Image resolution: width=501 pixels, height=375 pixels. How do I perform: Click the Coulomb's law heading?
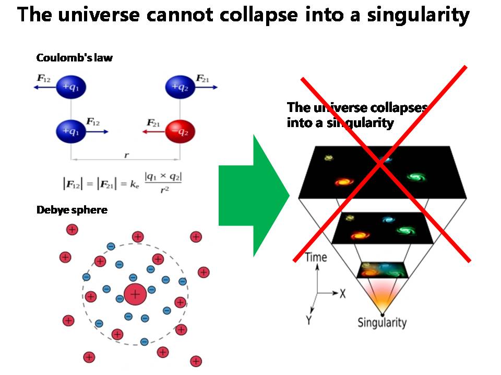click(74, 58)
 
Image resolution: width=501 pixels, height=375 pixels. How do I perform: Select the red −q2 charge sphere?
click(180, 131)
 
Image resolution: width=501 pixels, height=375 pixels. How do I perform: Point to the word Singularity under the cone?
click(381, 322)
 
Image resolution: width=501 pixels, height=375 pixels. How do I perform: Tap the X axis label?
click(343, 294)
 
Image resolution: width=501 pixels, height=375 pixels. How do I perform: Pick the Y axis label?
click(309, 320)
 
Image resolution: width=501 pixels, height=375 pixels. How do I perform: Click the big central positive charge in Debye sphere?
click(135, 294)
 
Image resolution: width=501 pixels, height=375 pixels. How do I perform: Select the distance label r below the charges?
click(126, 155)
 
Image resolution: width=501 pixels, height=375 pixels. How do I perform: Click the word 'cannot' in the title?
click(178, 15)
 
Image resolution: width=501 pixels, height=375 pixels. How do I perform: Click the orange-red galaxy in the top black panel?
click(343, 182)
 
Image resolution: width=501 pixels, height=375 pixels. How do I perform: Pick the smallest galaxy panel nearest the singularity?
click(381, 270)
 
